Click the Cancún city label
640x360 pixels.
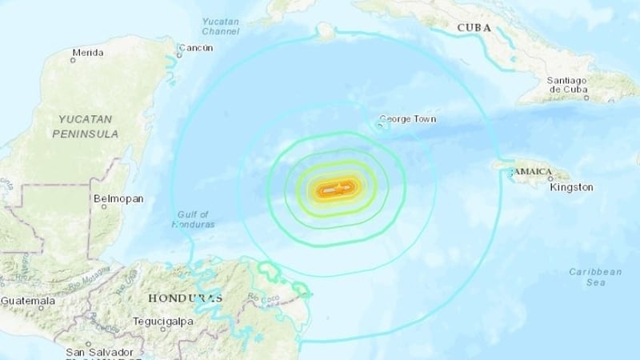(x=196, y=48)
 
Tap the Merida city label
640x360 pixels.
(x=87, y=54)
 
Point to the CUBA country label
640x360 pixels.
(x=474, y=29)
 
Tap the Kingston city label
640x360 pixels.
(x=572, y=187)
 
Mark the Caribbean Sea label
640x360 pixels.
(x=595, y=277)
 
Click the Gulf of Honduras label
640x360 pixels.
(x=193, y=218)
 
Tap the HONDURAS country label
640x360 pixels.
(x=185, y=298)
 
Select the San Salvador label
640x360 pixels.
(x=99, y=352)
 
